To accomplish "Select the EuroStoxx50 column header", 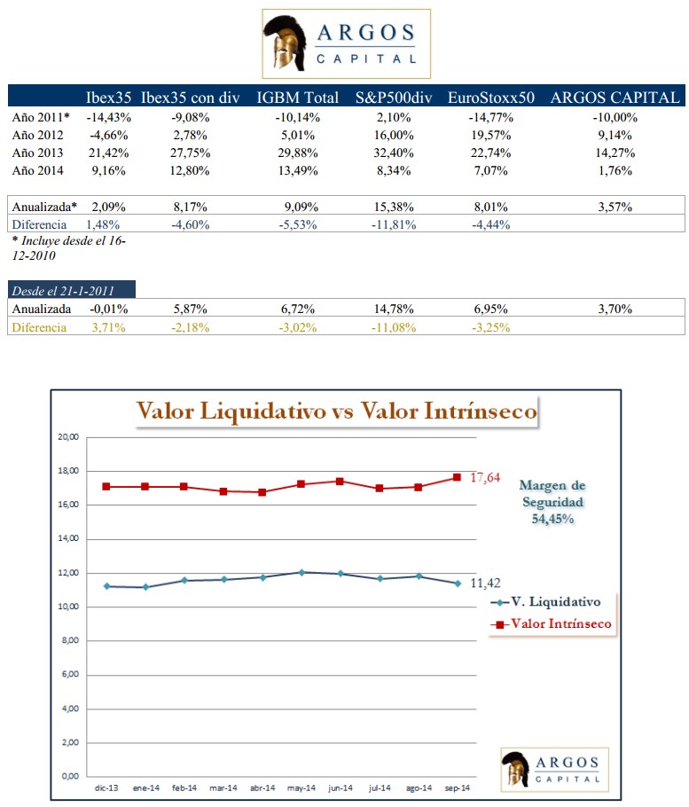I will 490,98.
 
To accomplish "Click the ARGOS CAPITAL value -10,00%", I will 615,117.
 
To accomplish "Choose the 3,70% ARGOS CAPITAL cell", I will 615,309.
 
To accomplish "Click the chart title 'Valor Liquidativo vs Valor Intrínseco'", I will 336,411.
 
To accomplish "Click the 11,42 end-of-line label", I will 486,583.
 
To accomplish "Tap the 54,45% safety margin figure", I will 552,519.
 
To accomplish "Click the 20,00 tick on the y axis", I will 68,437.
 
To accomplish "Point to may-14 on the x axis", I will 304,787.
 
